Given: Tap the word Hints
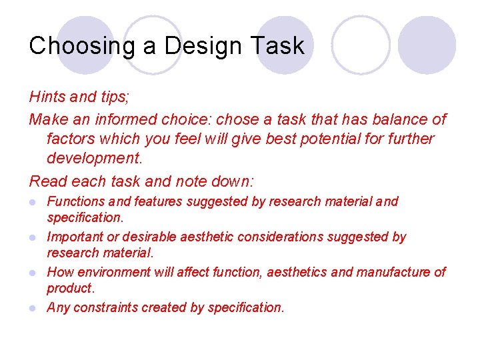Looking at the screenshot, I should [x=47, y=97].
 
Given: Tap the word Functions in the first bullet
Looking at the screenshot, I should [x=75, y=201].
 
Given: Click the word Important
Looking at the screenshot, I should [x=73, y=237].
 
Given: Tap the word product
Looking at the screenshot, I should [x=70, y=288].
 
